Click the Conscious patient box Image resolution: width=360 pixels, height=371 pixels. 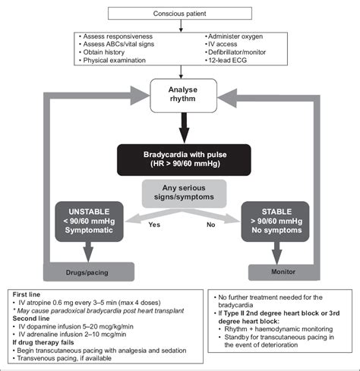point(180,12)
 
